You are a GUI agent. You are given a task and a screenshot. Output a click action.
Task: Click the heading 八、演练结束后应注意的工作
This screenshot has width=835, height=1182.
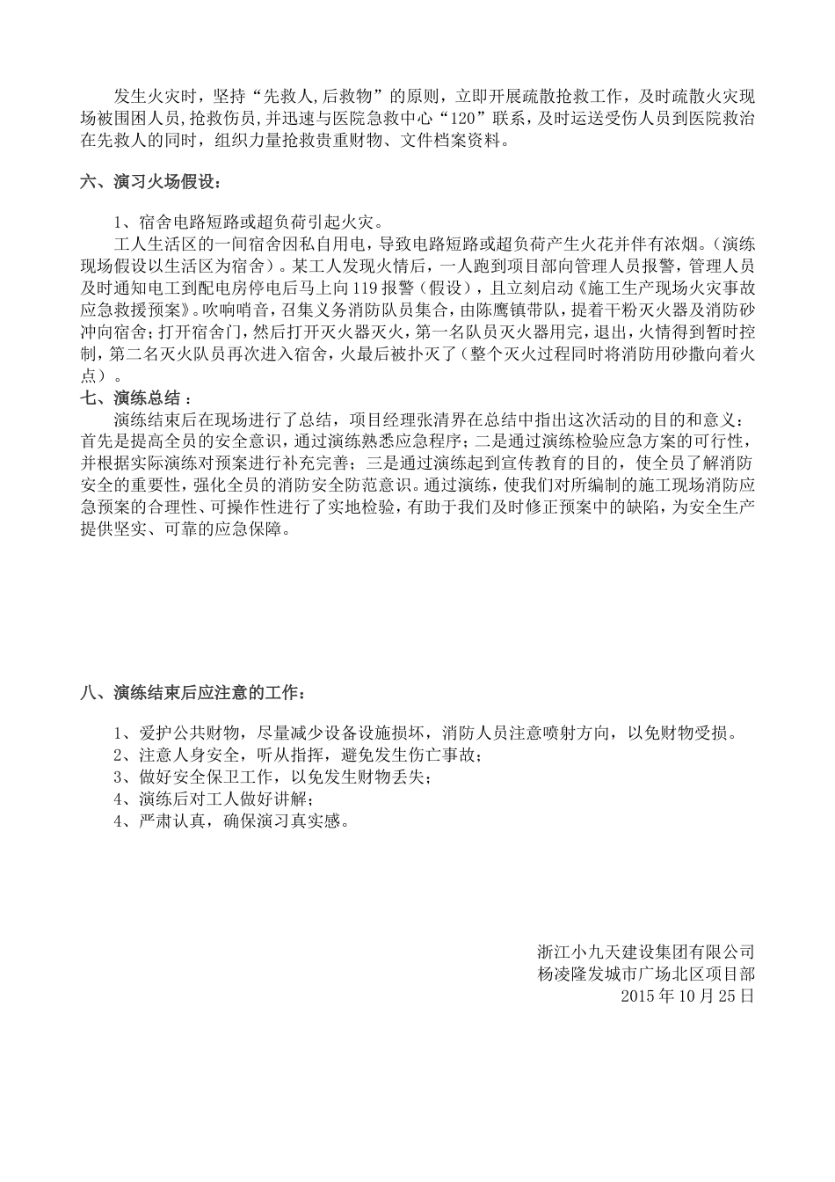[192, 693]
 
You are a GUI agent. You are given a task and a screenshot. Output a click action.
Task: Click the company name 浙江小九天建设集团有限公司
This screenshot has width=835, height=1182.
[646, 952]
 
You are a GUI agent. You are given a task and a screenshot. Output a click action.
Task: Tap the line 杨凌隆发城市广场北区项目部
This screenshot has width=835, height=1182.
[646, 974]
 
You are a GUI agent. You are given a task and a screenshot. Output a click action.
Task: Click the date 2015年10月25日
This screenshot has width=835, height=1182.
[686, 996]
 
